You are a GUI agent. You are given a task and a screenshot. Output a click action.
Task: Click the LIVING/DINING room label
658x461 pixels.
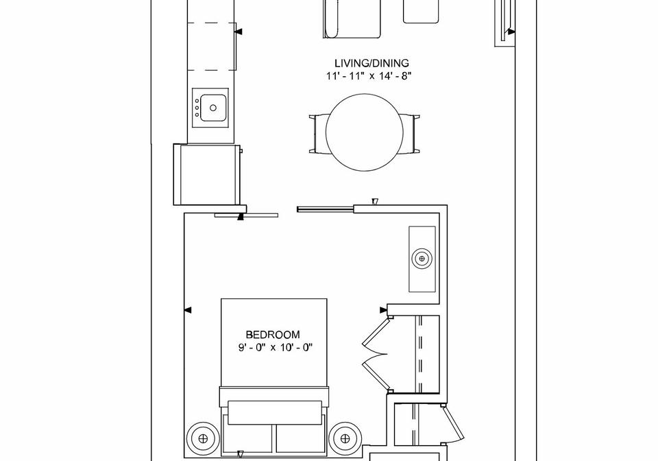371,63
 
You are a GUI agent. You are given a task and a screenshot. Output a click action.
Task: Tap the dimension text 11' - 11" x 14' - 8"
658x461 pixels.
369,76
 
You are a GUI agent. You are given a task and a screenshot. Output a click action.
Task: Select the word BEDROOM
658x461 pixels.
273,335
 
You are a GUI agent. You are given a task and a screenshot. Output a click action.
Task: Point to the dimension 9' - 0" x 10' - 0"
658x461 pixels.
276,348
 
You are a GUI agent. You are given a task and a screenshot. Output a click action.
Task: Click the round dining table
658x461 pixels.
364,132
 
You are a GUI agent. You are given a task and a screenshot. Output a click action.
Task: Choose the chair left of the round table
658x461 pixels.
317,134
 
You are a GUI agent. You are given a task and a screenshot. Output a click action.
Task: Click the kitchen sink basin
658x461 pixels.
213,108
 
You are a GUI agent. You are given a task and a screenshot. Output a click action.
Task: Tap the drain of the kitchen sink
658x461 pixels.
213,108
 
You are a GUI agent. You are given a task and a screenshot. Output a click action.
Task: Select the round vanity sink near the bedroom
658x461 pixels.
422,258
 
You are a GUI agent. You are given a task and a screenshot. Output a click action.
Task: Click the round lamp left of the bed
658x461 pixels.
203,439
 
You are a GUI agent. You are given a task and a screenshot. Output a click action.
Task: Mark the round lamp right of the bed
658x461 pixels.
345,439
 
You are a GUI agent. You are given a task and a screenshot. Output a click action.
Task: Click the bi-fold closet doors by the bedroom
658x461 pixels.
375,355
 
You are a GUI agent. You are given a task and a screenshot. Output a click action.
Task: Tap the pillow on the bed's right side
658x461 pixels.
300,439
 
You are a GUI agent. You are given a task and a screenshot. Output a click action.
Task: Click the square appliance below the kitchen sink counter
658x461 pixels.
207,174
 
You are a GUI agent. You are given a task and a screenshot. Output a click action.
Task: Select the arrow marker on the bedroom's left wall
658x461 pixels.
188,310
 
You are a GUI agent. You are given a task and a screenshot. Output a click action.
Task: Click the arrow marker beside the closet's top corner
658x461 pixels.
384,310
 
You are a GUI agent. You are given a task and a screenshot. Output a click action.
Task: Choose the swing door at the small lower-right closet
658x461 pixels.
452,424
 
